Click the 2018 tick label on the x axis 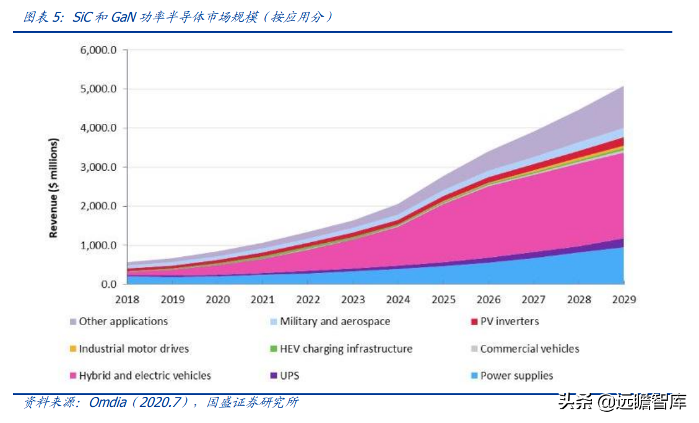point(127,300)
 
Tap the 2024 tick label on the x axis point(398,300)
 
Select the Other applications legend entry point(123,321)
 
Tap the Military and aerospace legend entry point(335,321)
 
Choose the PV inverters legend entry point(510,321)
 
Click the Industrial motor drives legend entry point(134,349)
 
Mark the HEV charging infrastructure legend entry point(346,349)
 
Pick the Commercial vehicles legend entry point(529,349)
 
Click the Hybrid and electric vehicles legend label point(145,375)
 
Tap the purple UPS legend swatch point(274,375)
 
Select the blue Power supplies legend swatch point(474,375)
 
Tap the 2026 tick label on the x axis point(488,300)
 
